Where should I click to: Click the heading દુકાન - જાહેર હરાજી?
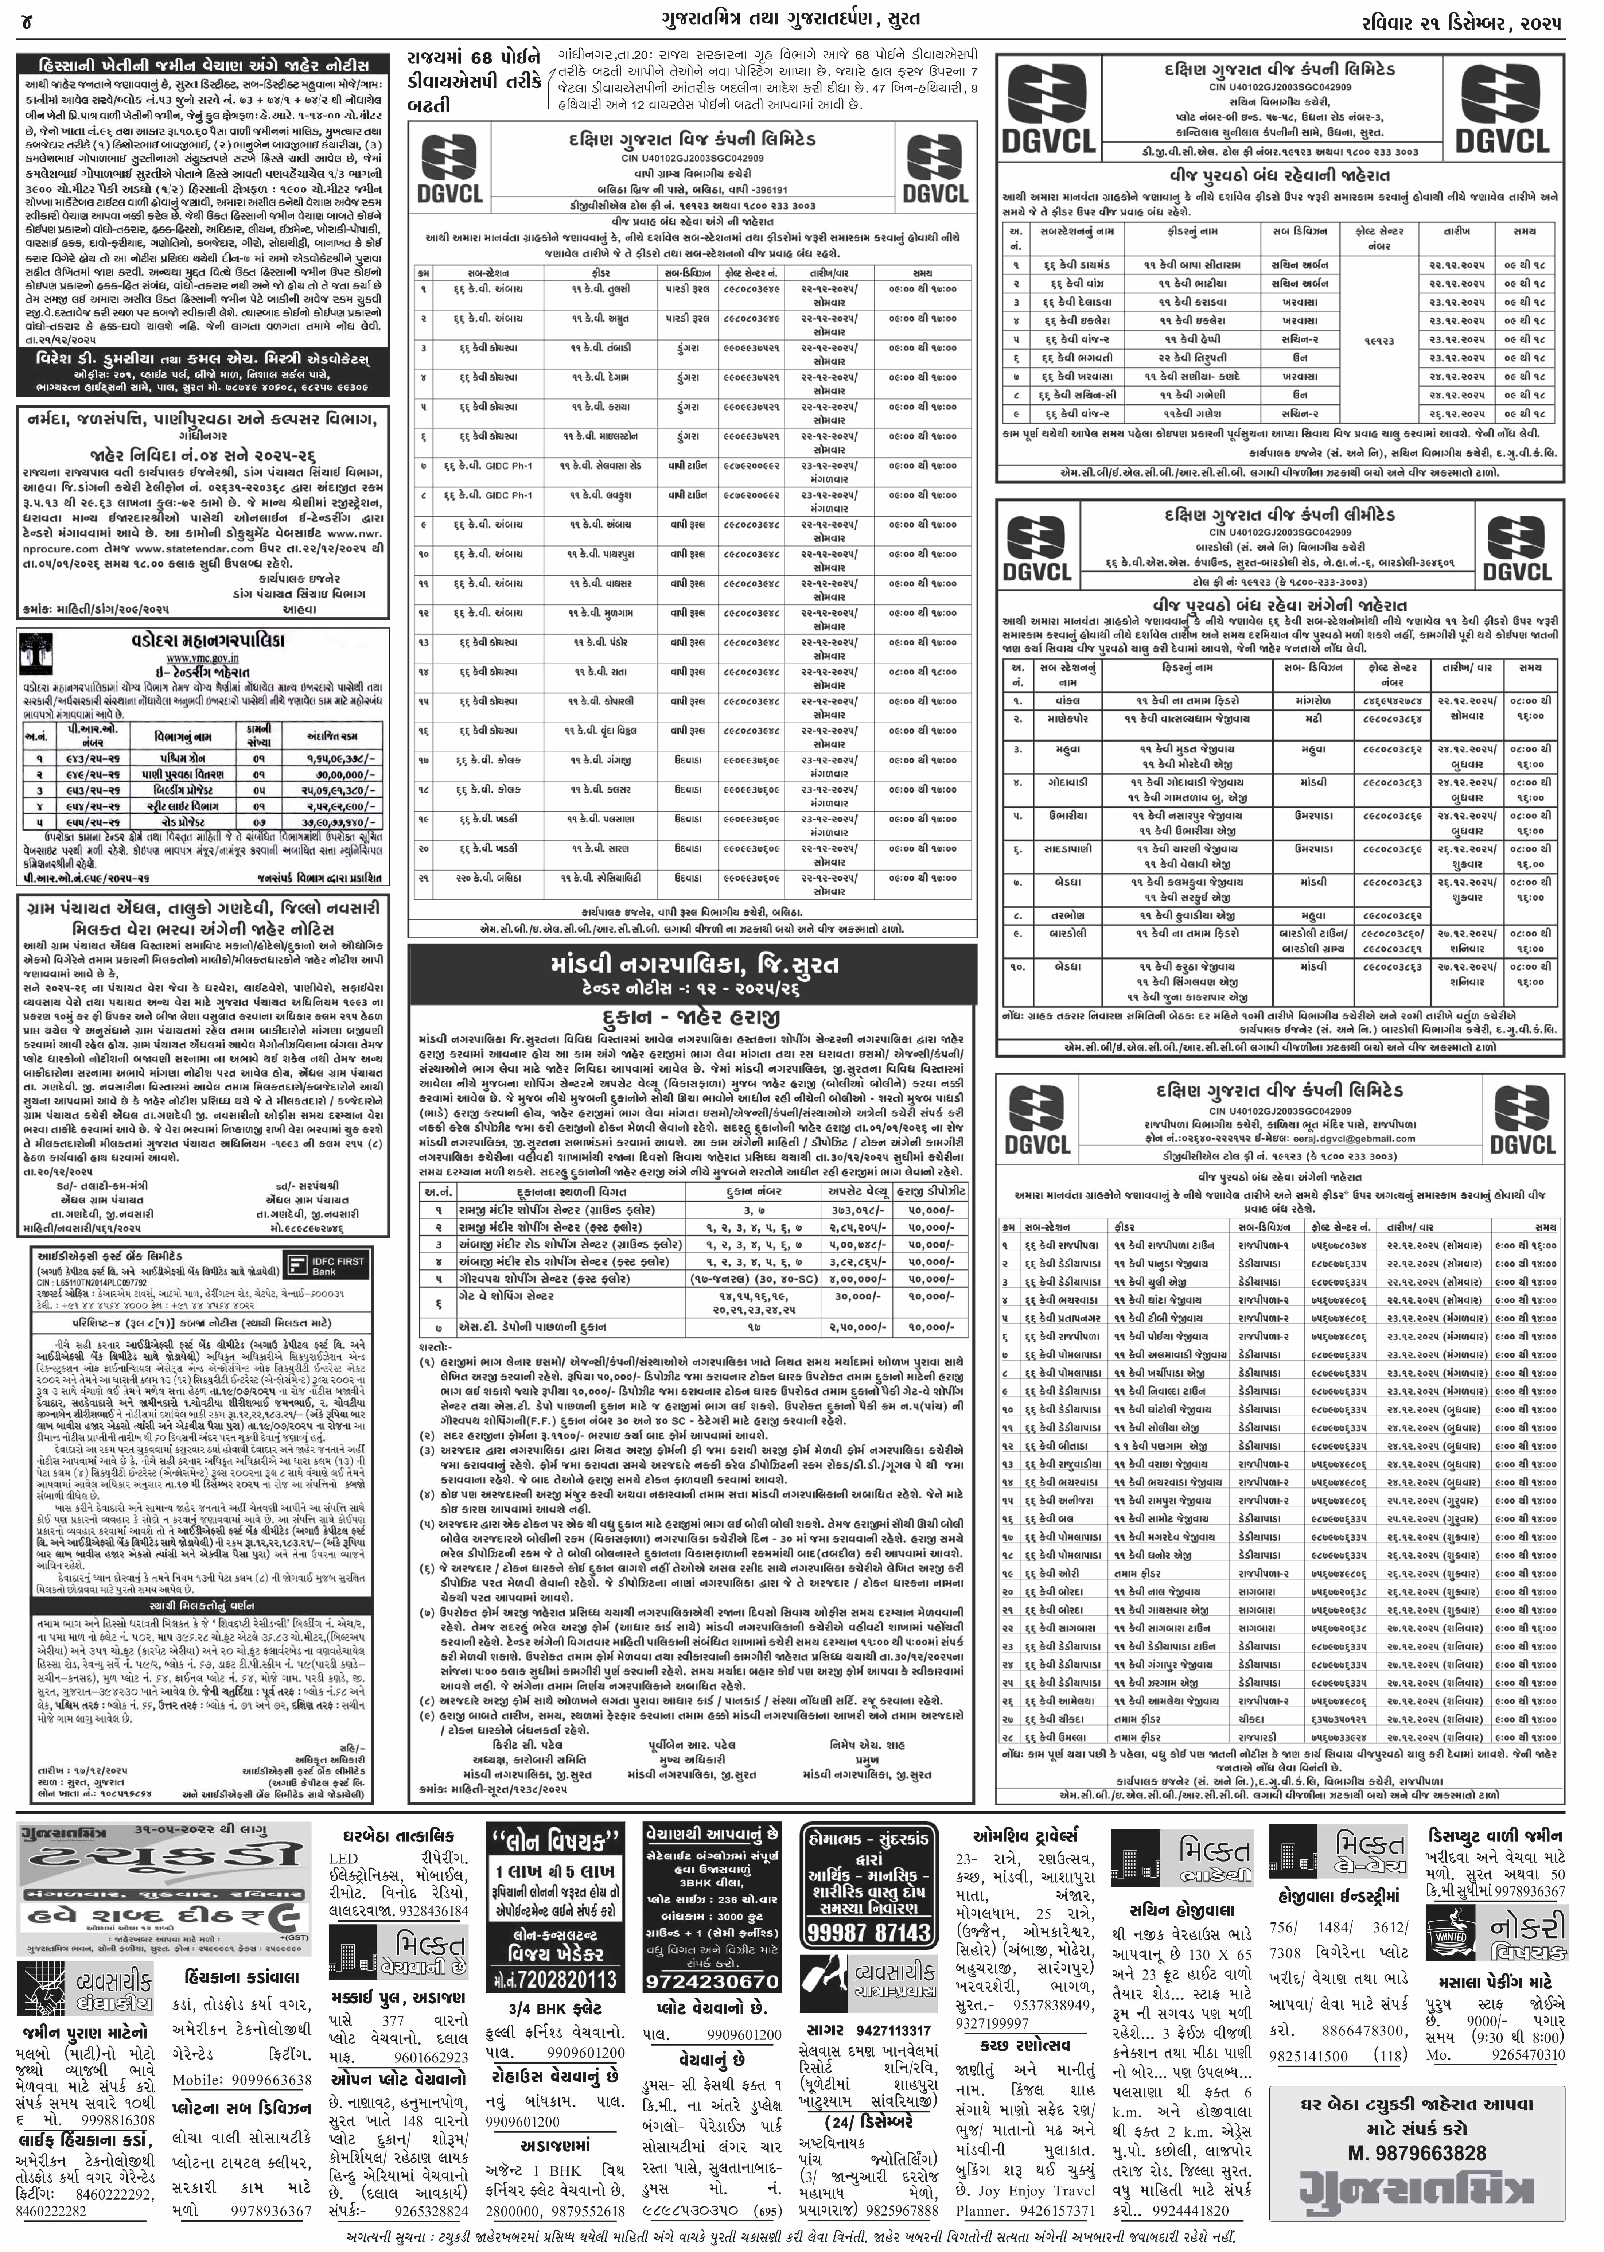(688, 1017)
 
